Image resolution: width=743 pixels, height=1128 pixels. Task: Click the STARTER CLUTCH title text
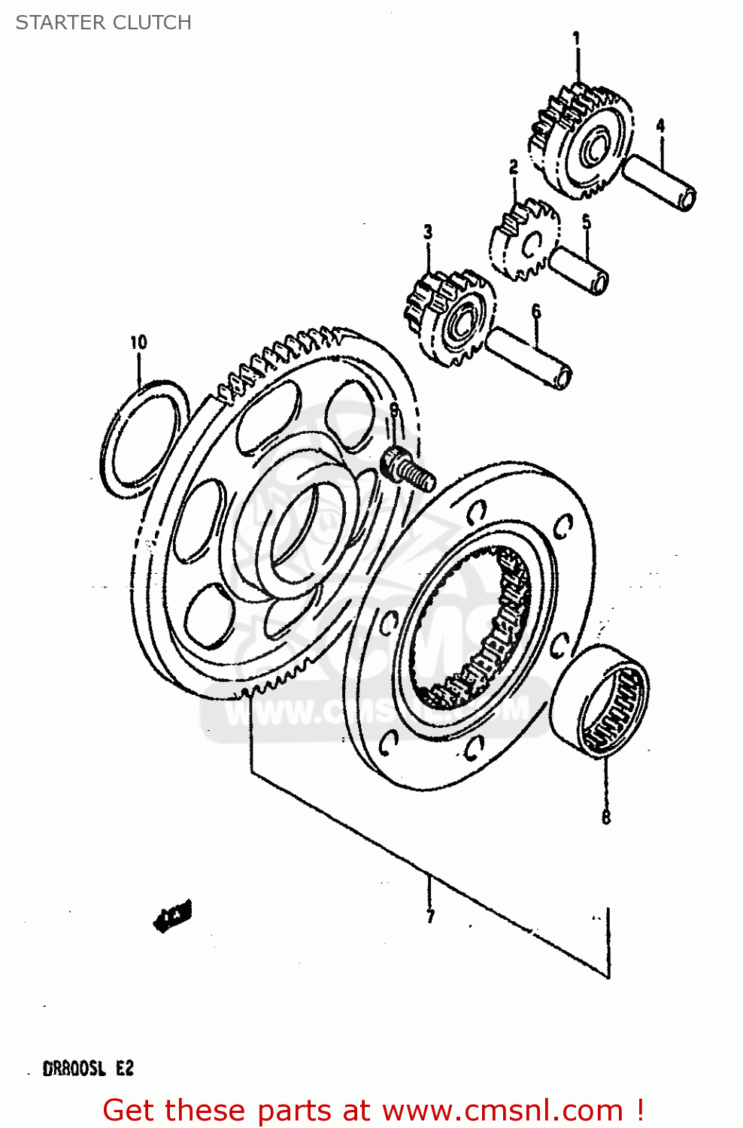coord(104,23)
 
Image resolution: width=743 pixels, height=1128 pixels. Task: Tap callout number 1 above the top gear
coord(577,38)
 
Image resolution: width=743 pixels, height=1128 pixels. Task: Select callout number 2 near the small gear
coord(514,167)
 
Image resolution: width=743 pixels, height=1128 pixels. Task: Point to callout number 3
coord(428,232)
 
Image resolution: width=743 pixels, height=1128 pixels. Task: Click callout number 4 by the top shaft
coord(660,126)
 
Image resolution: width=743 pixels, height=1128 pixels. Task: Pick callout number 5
coord(587,222)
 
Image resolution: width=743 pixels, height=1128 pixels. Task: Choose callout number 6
coord(535,311)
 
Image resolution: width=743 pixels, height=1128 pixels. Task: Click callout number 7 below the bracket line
coord(430,916)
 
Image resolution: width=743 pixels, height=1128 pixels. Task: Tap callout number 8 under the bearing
coord(606,816)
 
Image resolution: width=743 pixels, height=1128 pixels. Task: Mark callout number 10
coord(138,343)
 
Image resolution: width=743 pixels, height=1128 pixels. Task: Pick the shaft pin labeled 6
coord(529,359)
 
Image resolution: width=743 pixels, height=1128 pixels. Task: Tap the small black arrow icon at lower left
coord(173,915)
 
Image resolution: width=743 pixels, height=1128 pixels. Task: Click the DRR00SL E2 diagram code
coord(88,1068)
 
